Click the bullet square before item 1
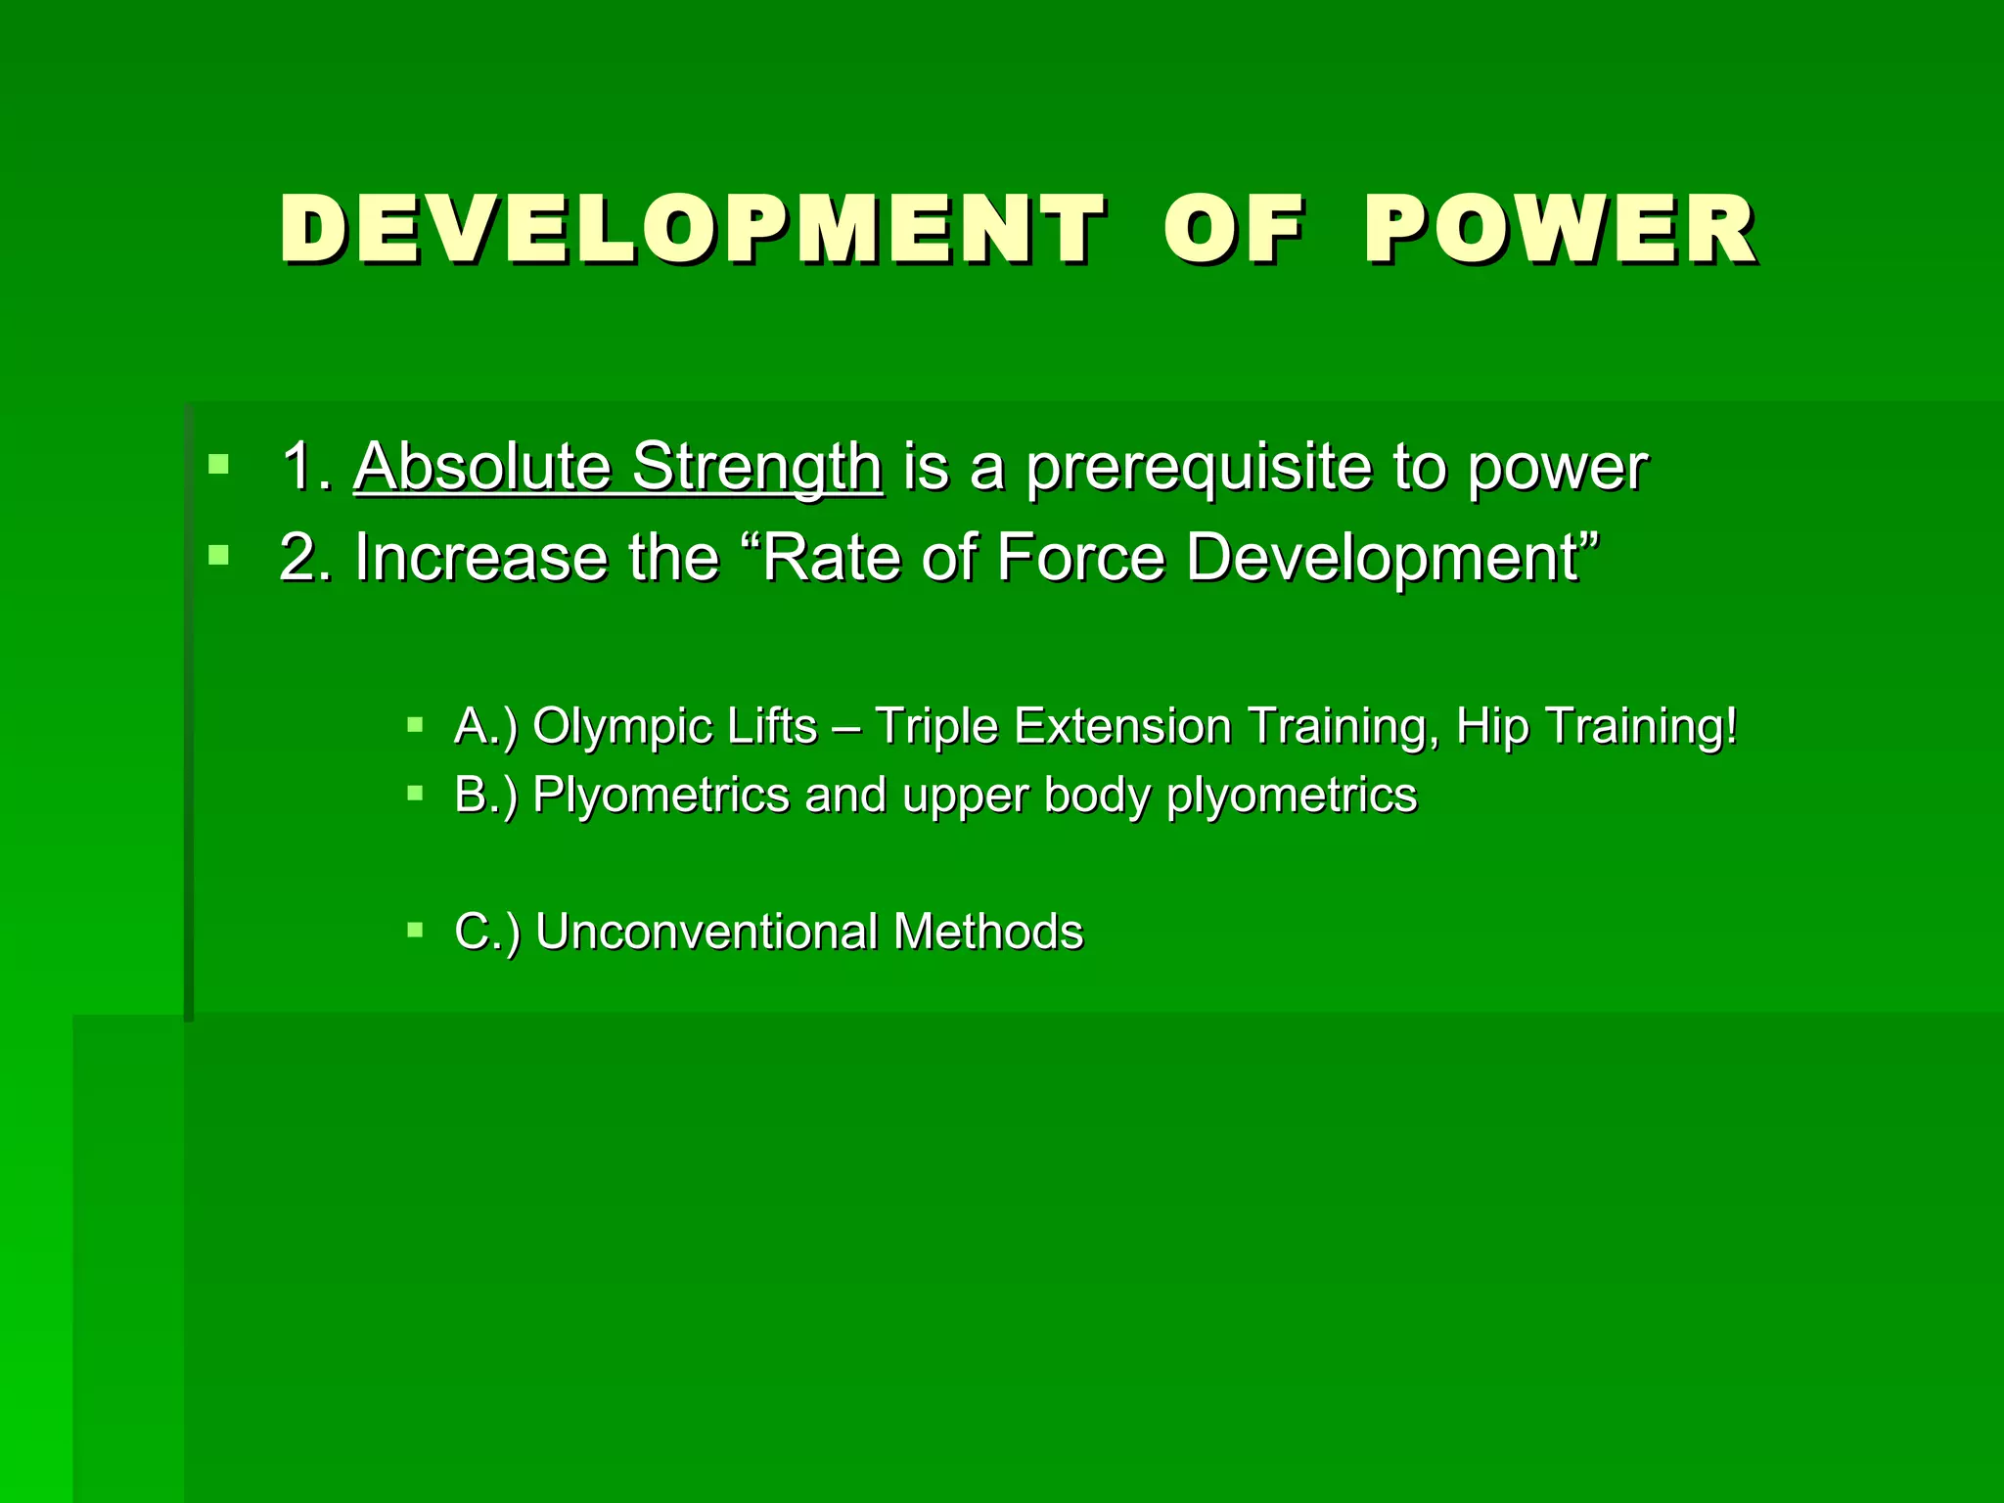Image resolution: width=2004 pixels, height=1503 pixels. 218,464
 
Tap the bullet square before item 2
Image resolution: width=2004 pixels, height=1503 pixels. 218,556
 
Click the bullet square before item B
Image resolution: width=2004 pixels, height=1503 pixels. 416,793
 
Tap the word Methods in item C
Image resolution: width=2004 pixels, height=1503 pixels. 988,932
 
